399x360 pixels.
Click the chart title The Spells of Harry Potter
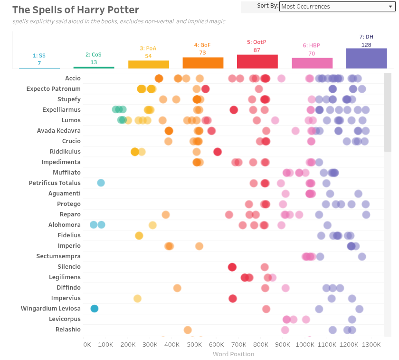click(76, 10)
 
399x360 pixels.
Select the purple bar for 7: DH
click(366, 58)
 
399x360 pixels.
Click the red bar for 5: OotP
click(257, 61)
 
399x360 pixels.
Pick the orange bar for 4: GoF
click(203, 63)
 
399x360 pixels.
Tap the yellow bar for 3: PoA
click(148, 64)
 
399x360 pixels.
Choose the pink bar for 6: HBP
click(312, 63)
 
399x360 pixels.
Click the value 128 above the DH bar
click(366, 45)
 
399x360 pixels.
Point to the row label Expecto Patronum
click(53, 89)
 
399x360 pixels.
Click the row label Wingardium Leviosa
click(50, 309)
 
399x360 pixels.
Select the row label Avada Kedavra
click(58, 131)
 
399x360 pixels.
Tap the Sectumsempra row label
click(58, 256)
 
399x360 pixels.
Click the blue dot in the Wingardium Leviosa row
click(94, 309)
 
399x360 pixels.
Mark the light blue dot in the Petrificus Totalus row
click(101, 183)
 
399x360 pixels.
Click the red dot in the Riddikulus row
click(218, 152)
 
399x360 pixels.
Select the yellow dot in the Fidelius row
click(139, 235)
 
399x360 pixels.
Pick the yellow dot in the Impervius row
click(137, 298)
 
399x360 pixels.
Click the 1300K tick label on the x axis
click(371, 344)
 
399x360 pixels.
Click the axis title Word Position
click(233, 354)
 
